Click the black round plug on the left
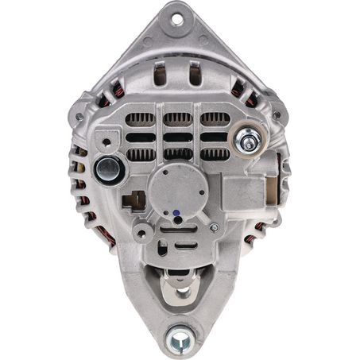pyautogui.click(x=109, y=168)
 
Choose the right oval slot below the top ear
pyautogui.click(x=194, y=75)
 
